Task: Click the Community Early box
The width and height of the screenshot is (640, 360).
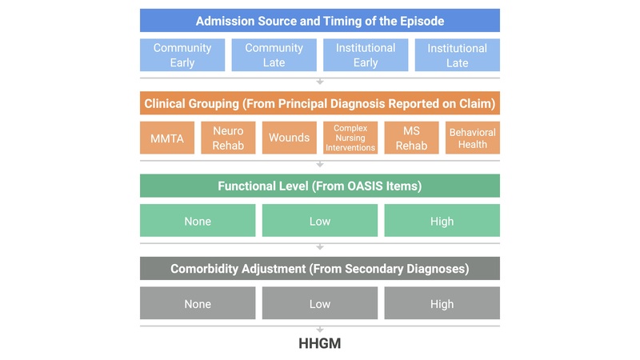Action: (x=182, y=55)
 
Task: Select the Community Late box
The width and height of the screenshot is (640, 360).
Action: (x=274, y=55)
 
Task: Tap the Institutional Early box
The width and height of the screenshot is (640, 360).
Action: (x=366, y=55)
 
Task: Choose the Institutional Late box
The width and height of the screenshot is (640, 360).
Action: (x=458, y=55)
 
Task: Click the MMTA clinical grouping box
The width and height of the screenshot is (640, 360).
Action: (x=167, y=138)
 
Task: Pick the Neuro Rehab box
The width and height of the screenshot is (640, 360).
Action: (x=228, y=138)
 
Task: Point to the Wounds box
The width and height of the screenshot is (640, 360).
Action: (x=289, y=138)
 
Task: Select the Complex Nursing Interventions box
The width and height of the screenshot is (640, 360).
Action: (x=350, y=138)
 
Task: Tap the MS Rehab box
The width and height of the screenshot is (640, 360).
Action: (x=411, y=138)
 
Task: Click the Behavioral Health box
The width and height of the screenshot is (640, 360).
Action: (x=472, y=138)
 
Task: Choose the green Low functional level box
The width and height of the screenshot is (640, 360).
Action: (x=320, y=221)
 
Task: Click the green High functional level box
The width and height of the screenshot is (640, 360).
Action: (x=442, y=221)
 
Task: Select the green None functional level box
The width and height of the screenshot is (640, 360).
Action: (x=198, y=221)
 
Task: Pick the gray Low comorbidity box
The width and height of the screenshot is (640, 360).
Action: (x=320, y=303)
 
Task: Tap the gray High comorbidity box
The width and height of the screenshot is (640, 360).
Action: (x=442, y=303)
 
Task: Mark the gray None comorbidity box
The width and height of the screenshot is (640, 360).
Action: (x=198, y=303)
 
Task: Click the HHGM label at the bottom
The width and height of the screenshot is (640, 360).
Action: (x=320, y=344)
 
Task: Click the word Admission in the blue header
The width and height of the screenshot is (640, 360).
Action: (x=226, y=21)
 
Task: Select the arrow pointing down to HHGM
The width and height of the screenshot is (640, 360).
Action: (x=320, y=329)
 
